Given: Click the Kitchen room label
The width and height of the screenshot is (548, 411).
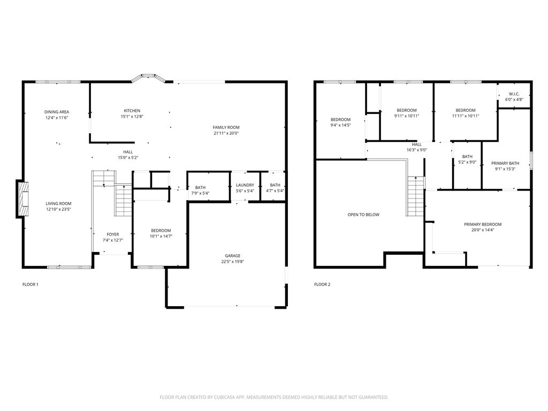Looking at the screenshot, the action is tap(132, 111).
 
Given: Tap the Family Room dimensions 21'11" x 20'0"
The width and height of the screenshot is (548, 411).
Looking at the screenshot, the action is tap(226, 133).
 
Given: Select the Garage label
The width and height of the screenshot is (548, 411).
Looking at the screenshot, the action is tap(233, 256).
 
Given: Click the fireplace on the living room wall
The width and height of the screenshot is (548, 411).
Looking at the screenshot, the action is tap(22, 199).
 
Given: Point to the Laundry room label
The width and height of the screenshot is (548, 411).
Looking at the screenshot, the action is tap(245, 185).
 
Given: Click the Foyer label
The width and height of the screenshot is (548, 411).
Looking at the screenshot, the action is tap(113, 234).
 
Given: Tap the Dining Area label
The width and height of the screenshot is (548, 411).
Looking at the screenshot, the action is tap(57, 112).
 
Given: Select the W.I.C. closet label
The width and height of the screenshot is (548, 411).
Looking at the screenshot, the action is tap(514, 94).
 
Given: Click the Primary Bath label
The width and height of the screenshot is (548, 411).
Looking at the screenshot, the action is tap(505, 163).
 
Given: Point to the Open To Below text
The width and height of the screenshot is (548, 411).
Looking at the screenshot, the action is tap(363, 215).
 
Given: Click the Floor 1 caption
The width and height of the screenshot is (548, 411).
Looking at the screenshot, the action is tap(31, 285).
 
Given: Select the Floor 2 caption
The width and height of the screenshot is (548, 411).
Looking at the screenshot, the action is tap(322, 285).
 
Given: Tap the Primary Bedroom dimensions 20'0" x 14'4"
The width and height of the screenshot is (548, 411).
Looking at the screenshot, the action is tap(483, 230).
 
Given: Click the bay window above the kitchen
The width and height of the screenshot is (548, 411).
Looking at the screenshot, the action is tap(148, 77).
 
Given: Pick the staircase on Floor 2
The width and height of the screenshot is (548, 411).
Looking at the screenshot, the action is tap(415, 196).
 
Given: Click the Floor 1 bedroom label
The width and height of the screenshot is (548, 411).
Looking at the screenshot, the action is tap(161, 231).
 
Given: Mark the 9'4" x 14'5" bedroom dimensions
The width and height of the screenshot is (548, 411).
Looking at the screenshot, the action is tap(340, 125).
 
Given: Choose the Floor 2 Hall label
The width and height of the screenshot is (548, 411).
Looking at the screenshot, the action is tap(416, 144).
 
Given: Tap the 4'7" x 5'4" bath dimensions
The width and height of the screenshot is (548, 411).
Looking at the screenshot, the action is tap(275, 191).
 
